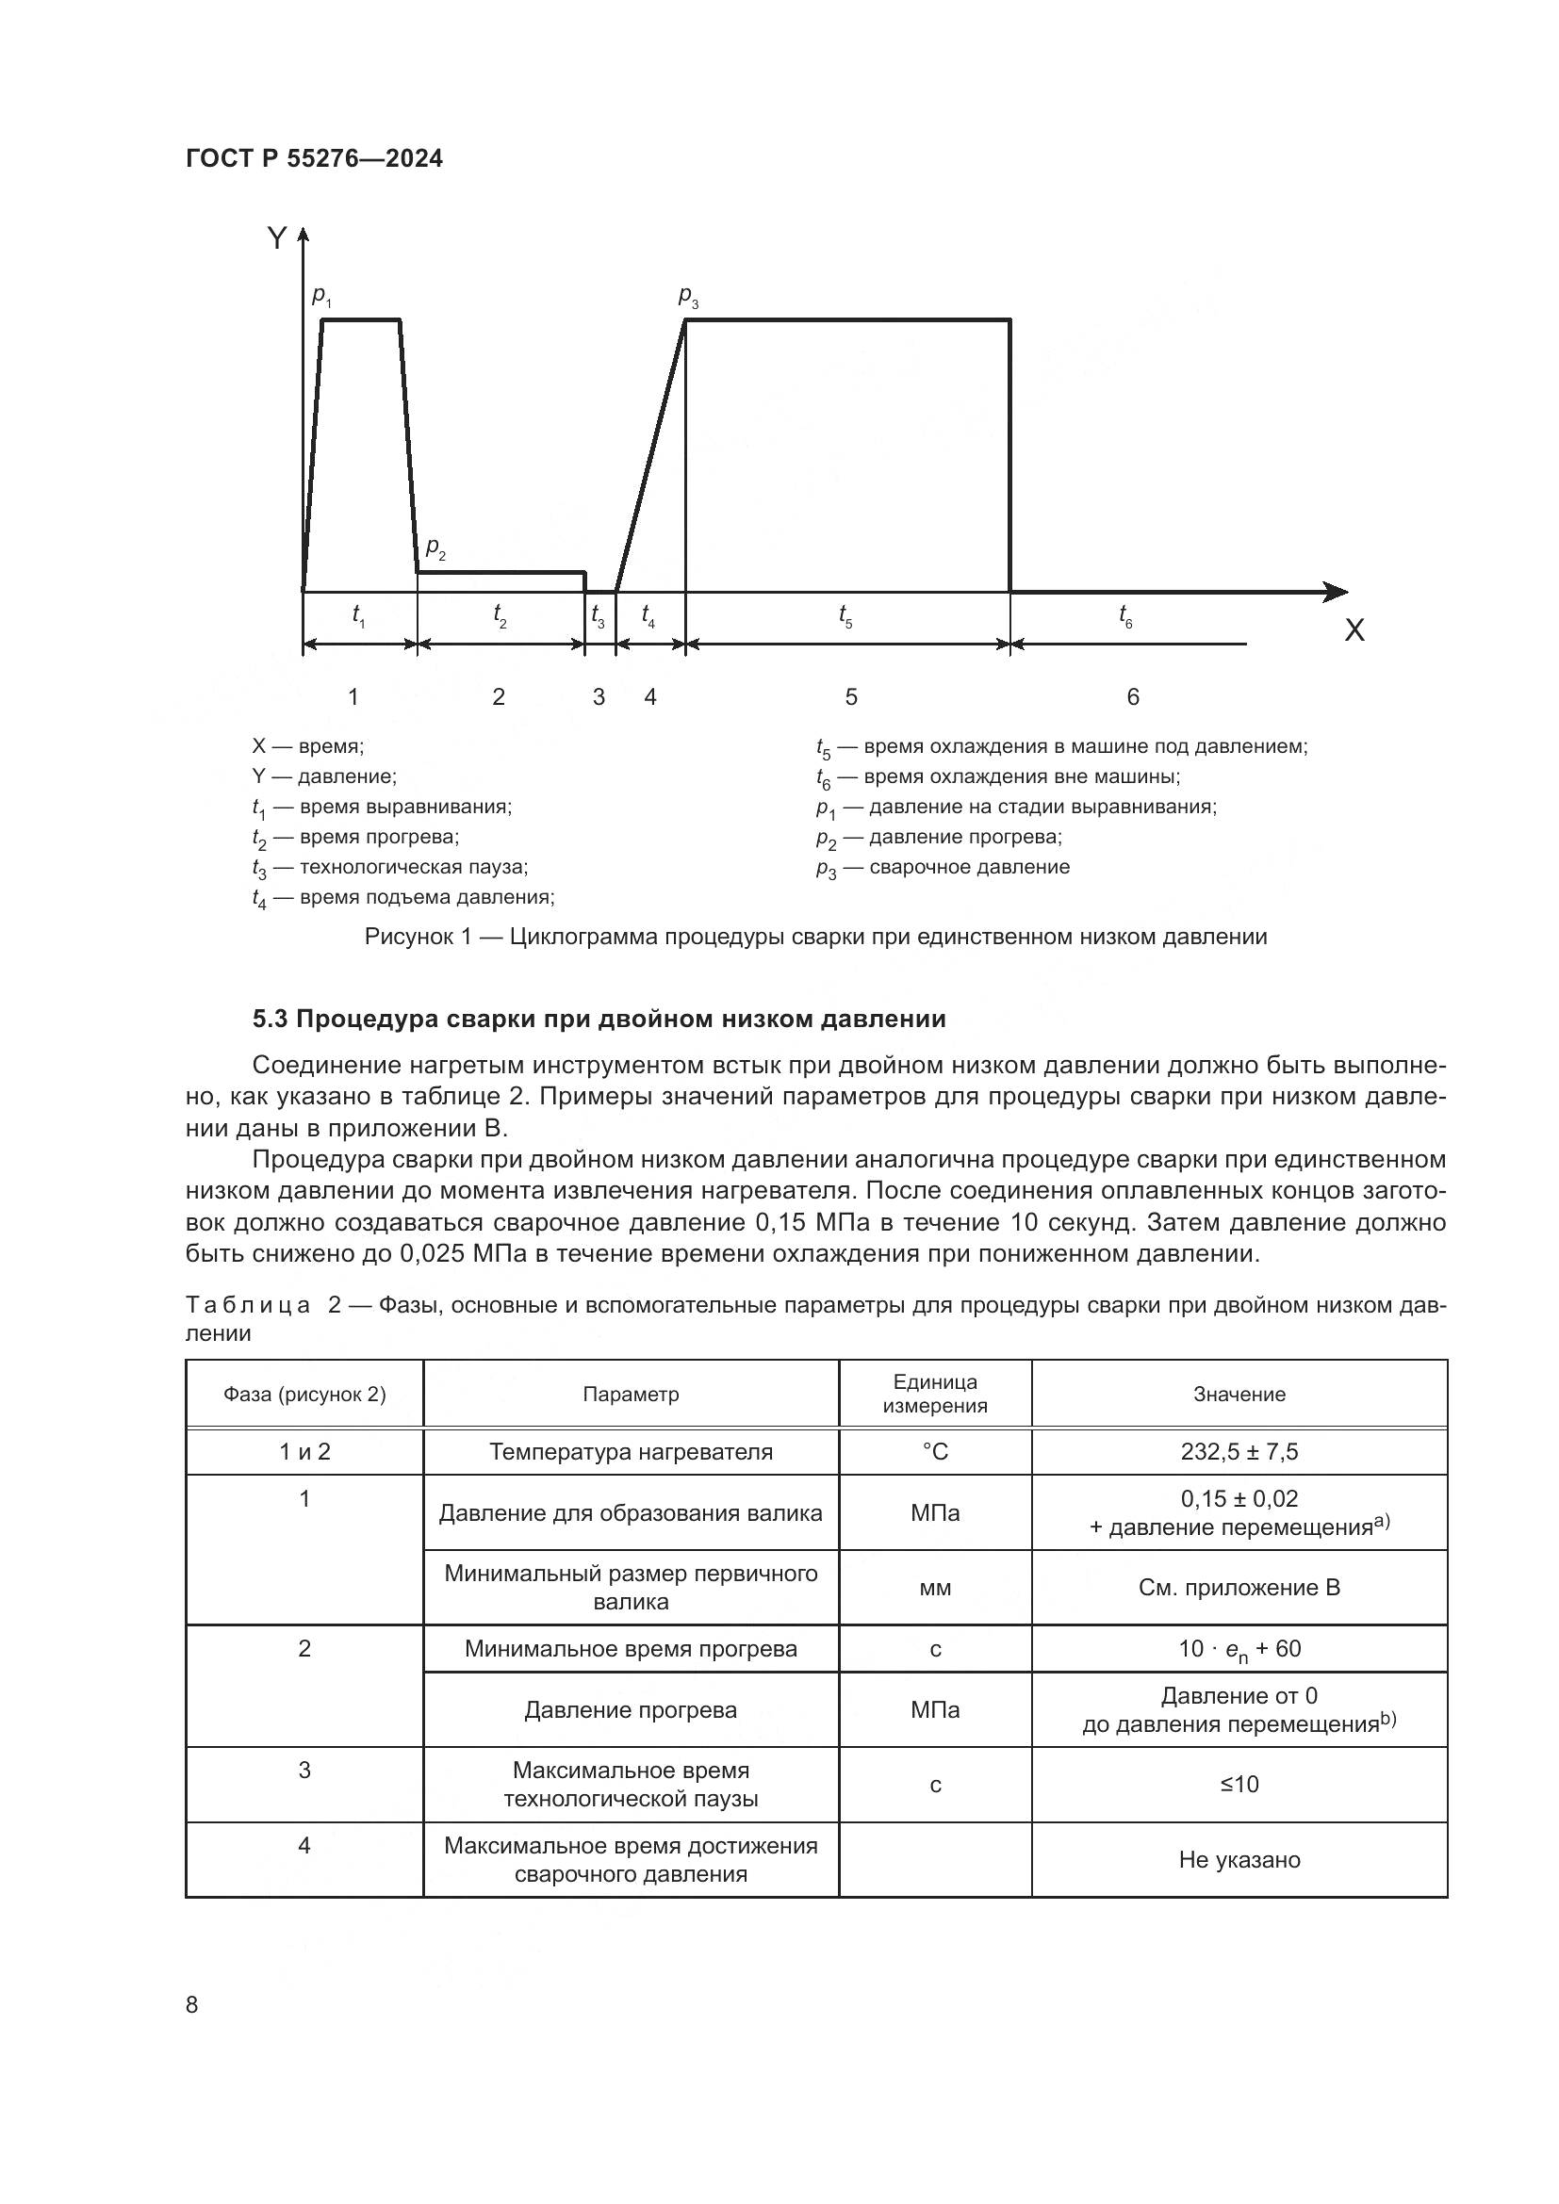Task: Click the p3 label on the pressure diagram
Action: click(688, 298)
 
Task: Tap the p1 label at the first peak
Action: click(321, 297)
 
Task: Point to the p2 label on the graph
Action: click(435, 548)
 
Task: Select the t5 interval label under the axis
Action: click(845, 615)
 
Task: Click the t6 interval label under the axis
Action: click(1125, 615)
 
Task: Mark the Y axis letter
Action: click(276, 238)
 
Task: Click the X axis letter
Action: click(1354, 630)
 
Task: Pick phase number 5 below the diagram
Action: click(850, 697)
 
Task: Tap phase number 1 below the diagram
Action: click(353, 697)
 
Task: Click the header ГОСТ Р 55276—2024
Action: click(314, 159)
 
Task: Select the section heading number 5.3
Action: click(270, 1019)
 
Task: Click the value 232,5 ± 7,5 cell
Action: click(1239, 1451)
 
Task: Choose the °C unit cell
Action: click(935, 1451)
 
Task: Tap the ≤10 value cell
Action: click(1239, 1784)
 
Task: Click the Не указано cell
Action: click(1239, 1859)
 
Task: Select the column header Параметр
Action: click(631, 1394)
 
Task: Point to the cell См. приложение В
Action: click(1239, 1587)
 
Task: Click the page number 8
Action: click(192, 2004)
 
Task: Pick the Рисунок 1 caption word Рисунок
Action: click(408, 937)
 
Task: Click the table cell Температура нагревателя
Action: click(631, 1451)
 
